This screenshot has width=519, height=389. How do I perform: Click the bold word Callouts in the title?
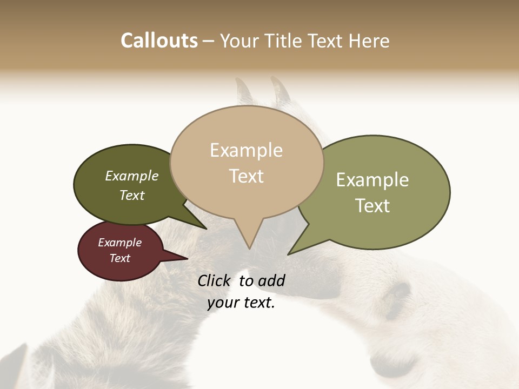pyautogui.click(x=159, y=41)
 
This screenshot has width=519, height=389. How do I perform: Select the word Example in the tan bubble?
pyautogui.click(x=246, y=150)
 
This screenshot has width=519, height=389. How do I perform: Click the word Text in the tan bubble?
pyautogui.click(x=246, y=176)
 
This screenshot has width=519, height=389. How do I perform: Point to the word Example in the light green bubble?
pyautogui.click(x=372, y=180)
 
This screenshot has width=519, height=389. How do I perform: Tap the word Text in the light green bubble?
pyautogui.click(x=372, y=205)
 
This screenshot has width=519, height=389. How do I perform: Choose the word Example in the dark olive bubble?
pyautogui.click(x=132, y=176)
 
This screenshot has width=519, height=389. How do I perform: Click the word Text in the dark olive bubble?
pyautogui.click(x=132, y=195)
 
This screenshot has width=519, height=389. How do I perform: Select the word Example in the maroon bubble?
pyautogui.click(x=119, y=243)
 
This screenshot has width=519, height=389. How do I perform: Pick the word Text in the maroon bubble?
pyautogui.click(x=119, y=258)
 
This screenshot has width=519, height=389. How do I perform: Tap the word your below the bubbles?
pyautogui.click(x=222, y=303)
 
